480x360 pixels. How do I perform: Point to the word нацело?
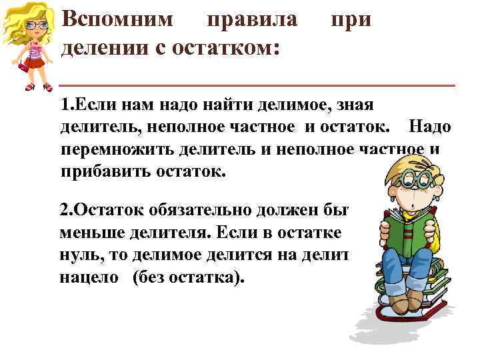(84, 277)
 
